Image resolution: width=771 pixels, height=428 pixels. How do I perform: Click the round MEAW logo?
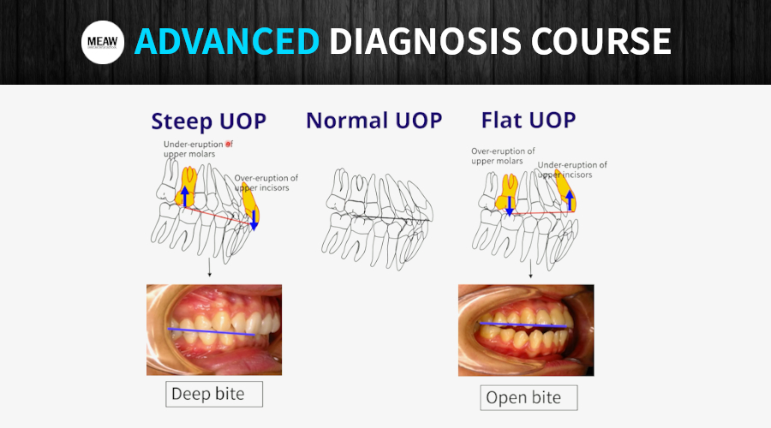[104, 42]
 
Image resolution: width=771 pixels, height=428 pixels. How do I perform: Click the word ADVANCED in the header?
[227, 42]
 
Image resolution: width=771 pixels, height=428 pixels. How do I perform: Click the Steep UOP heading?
[208, 121]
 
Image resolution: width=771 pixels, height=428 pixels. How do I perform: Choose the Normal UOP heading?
[374, 121]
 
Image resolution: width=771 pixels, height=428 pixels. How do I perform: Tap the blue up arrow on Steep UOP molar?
[184, 193]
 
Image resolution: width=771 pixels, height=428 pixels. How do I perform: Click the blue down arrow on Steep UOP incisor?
[254, 218]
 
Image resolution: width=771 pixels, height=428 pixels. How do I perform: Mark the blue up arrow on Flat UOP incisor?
[570, 201]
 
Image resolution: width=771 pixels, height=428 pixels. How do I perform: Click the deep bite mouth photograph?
[213, 330]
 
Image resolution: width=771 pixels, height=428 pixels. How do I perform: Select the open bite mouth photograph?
[525, 330]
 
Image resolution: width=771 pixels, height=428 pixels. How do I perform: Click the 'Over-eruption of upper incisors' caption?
[267, 182]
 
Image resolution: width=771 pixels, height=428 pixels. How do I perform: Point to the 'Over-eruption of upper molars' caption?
[503, 155]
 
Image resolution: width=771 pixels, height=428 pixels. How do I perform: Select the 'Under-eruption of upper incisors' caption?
[572, 169]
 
